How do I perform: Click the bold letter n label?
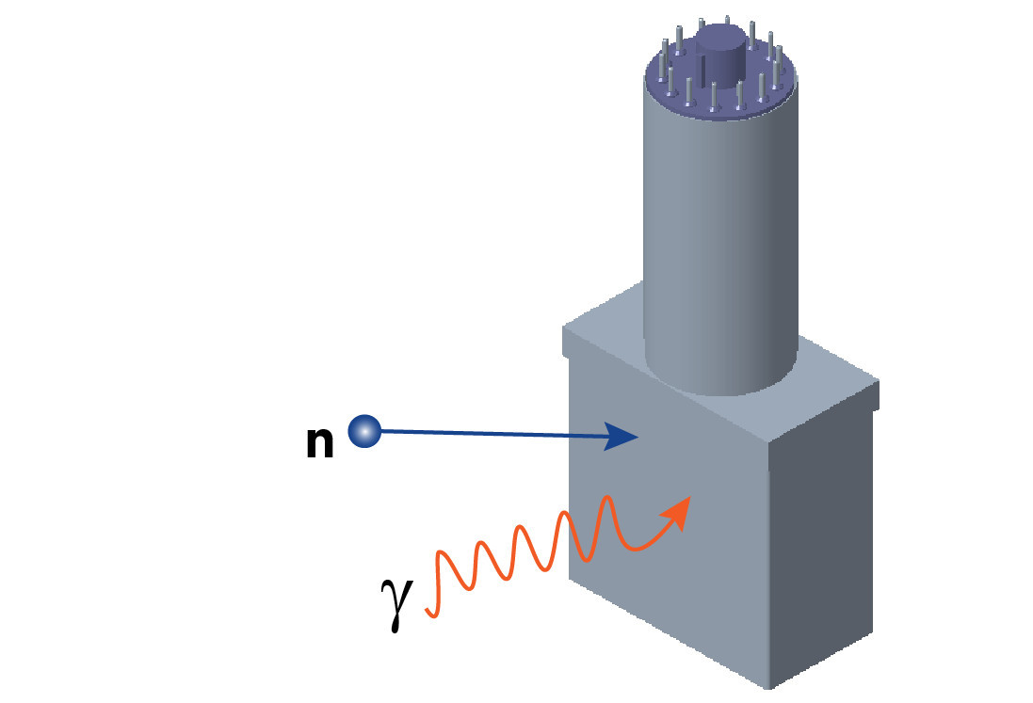coord(320,443)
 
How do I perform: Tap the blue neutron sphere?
coord(364,432)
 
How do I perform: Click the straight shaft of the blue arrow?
coord(490,434)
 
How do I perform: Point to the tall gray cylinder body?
coord(720,235)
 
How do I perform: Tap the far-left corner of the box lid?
coord(565,329)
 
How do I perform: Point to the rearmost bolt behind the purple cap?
coord(702,24)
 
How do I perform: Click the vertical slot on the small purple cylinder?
coord(704,71)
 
